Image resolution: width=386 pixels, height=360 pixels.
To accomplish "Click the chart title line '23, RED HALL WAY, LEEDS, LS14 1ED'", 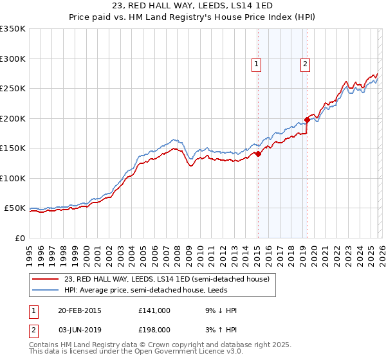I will pos(193,6).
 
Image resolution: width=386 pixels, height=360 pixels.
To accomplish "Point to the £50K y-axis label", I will pos(15,208).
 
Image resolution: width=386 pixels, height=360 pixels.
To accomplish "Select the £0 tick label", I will pos(20,238).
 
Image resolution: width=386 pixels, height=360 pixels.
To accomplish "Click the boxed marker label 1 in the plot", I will pos(257,64).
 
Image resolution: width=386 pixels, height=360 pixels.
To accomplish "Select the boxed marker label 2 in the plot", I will pos(304,64).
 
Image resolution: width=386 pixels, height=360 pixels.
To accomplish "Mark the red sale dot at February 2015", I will pos(258,154).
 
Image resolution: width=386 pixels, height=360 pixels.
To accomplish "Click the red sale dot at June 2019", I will pos(308,120).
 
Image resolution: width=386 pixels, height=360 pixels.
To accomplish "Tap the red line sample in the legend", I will pos(46,279).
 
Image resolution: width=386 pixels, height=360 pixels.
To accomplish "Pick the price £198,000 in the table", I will pos(154,330).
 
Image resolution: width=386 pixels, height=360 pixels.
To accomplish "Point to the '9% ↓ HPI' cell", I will pos(220,310).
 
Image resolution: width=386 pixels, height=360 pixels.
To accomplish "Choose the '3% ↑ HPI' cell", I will pos(220,330).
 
